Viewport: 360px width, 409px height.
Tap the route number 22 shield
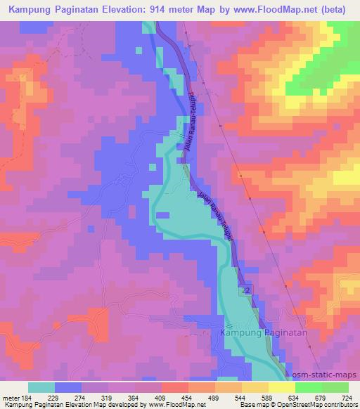point(245,290)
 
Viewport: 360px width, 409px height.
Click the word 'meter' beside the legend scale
point(9,398)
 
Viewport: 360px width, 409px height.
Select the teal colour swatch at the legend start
point(41,387)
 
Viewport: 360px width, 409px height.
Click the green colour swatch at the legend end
point(335,387)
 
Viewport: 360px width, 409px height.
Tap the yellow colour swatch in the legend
point(281,387)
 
